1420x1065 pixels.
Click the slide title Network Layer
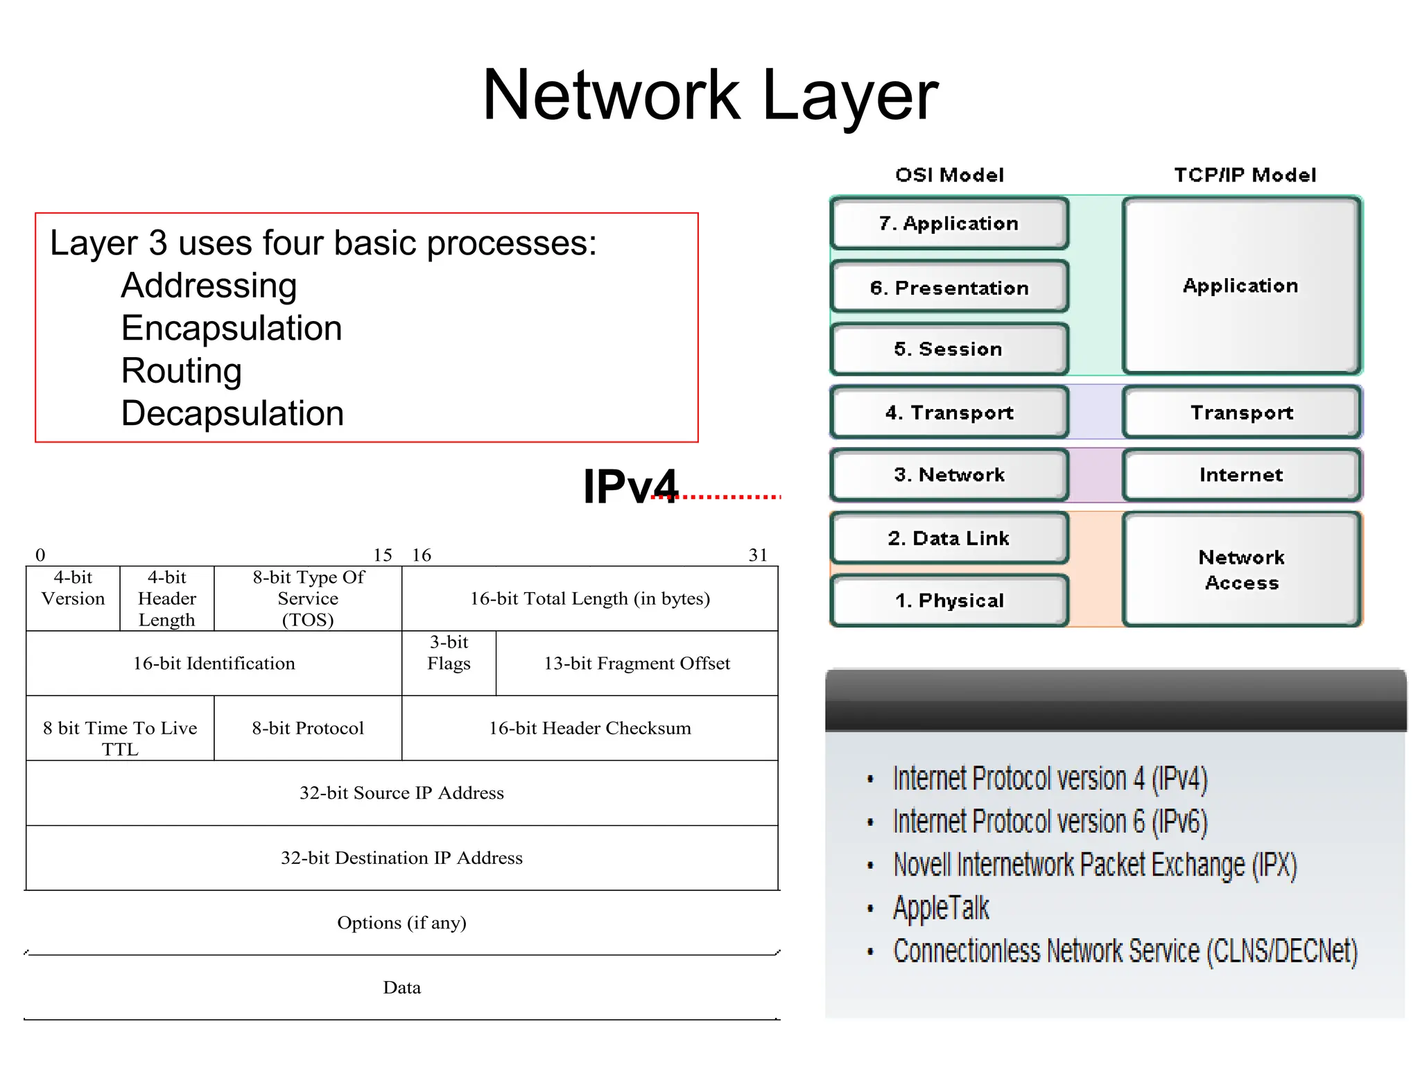click(x=710, y=96)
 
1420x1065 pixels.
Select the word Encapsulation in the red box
click(x=232, y=329)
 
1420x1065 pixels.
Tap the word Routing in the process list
click(x=182, y=371)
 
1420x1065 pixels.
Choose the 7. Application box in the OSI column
click(x=949, y=223)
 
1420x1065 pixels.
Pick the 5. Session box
click(x=949, y=349)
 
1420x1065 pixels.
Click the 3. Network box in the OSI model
click(x=949, y=475)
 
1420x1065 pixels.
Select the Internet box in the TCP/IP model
click(x=1241, y=475)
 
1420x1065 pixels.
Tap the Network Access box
click(x=1241, y=570)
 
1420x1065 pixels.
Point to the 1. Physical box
click(x=949, y=600)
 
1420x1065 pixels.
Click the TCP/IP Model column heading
click(x=1245, y=175)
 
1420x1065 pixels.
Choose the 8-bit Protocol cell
click(x=308, y=728)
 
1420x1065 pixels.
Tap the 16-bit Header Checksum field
click(x=590, y=728)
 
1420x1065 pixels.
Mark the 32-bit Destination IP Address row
click(x=401, y=858)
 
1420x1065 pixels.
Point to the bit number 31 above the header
click(x=758, y=555)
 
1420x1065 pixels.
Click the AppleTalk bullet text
click(x=941, y=908)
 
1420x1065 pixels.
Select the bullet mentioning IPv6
click(x=1050, y=822)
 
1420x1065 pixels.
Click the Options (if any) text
click(x=401, y=923)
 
